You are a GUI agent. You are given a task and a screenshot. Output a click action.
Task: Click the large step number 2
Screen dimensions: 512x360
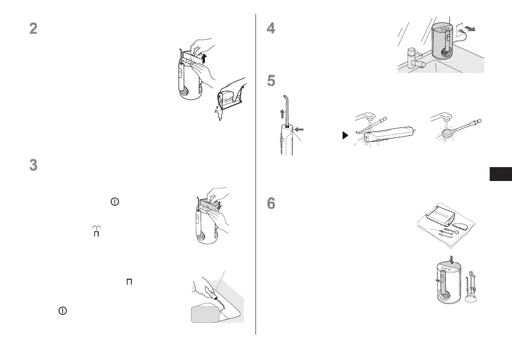pyautogui.click(x=33, y=29)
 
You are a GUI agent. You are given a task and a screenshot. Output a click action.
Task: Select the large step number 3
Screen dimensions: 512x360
pyautogui.click(x=33, y=165)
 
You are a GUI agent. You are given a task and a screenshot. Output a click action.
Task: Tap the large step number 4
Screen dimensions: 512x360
pyautogui.click(x=270, y=29)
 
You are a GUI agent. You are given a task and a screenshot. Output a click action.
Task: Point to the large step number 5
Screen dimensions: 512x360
pyautogui.click(x=270, y=81)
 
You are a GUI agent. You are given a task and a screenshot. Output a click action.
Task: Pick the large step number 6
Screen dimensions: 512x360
pyautogui.click(x=270, y=204)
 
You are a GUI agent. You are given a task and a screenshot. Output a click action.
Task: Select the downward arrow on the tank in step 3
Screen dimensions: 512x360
pyautogui.click(x=220, y=204)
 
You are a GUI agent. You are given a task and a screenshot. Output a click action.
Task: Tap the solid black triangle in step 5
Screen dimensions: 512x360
pyautogui.click(x=346, y=135)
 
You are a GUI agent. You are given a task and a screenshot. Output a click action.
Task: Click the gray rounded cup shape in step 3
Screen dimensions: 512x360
pyautogui.click(x=204, y=313)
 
